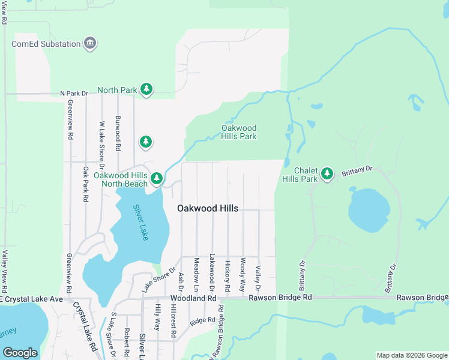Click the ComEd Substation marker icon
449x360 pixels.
point(91,43)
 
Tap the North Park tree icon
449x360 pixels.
point(146,90)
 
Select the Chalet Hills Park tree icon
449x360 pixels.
point(327,174)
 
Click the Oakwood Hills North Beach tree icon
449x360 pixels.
point(157,178)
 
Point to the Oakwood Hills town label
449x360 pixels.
point(208,208)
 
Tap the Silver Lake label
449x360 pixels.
point(140,223)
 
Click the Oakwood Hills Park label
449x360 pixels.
point(239,132)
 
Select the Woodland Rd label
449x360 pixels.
point(193,298)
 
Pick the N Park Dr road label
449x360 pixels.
point(74,94)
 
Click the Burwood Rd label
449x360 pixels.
point(118,133)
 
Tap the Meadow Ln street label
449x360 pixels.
point(196,272)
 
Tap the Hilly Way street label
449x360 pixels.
point(158,317)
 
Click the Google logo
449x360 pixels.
point(20,353)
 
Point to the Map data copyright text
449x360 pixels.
point(412,355)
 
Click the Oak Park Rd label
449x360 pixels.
point(86,184)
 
